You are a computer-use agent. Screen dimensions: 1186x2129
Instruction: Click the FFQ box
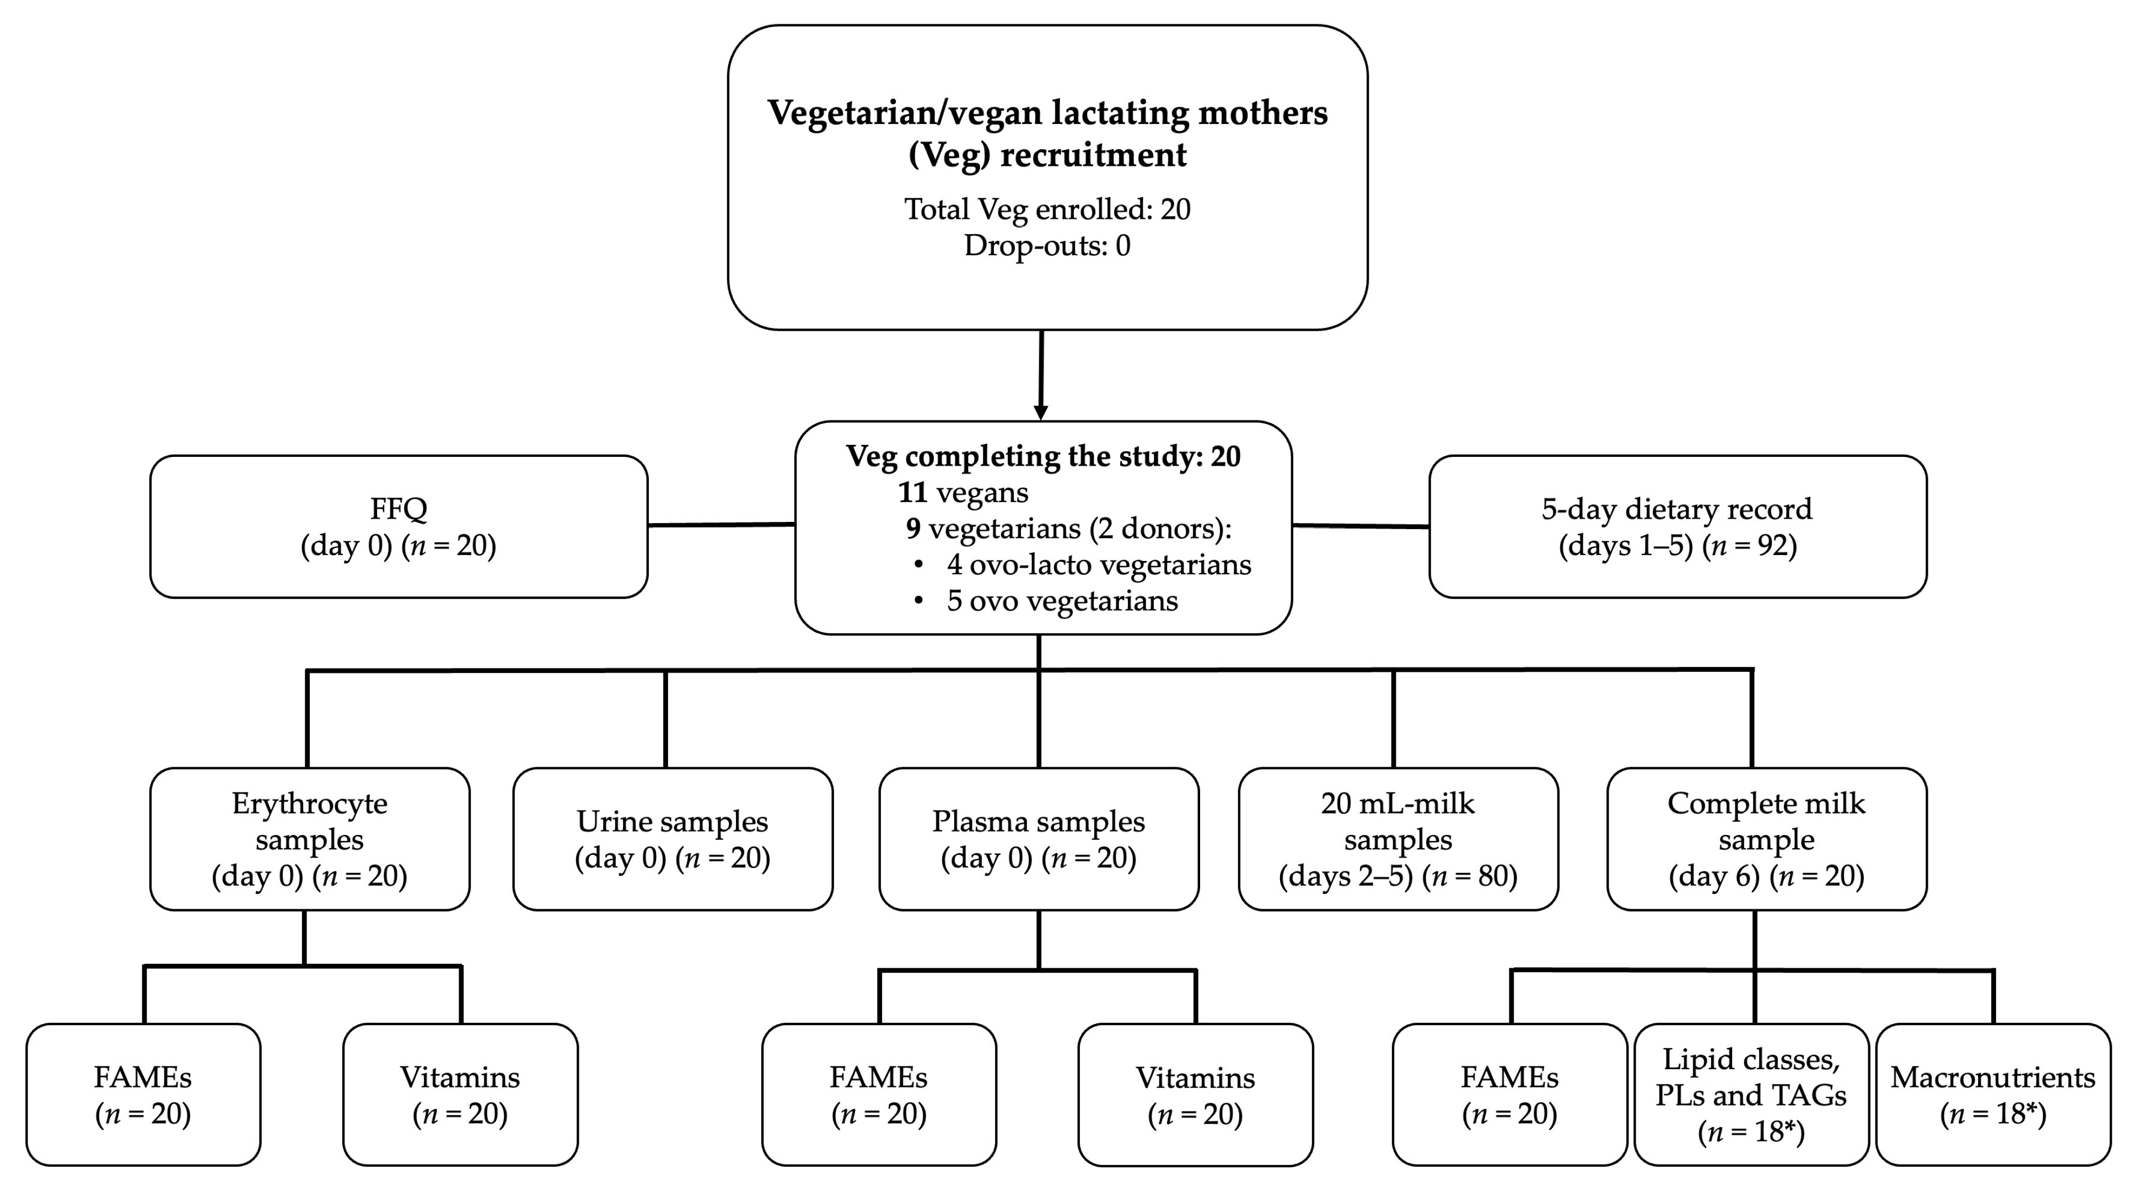point(399,526)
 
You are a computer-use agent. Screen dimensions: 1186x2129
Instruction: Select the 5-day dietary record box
point(1677,526)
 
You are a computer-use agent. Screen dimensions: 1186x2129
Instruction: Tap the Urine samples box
point(673,839)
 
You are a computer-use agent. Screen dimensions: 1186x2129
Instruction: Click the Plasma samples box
point(1039,839)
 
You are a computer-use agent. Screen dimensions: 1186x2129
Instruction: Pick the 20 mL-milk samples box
point(1399,839)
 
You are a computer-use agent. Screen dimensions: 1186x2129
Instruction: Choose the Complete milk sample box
point(1766,839)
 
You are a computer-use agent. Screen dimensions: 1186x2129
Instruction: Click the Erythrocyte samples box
point(309,839)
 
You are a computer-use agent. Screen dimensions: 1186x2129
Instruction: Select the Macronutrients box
point(1993,1095)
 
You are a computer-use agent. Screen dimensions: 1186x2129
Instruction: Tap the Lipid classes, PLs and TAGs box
point(1751,1095)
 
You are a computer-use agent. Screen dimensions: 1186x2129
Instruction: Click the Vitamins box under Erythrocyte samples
point(460,1095)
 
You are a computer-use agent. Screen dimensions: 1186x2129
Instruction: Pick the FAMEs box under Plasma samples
point(879,1095)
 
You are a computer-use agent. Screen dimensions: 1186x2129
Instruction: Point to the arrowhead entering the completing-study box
point(1041,412)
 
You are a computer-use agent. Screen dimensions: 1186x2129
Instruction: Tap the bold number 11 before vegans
point(912,493)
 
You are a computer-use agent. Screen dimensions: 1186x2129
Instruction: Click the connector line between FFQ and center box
point(721,524)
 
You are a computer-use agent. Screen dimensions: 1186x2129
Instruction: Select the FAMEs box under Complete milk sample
point(1509,1095)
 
